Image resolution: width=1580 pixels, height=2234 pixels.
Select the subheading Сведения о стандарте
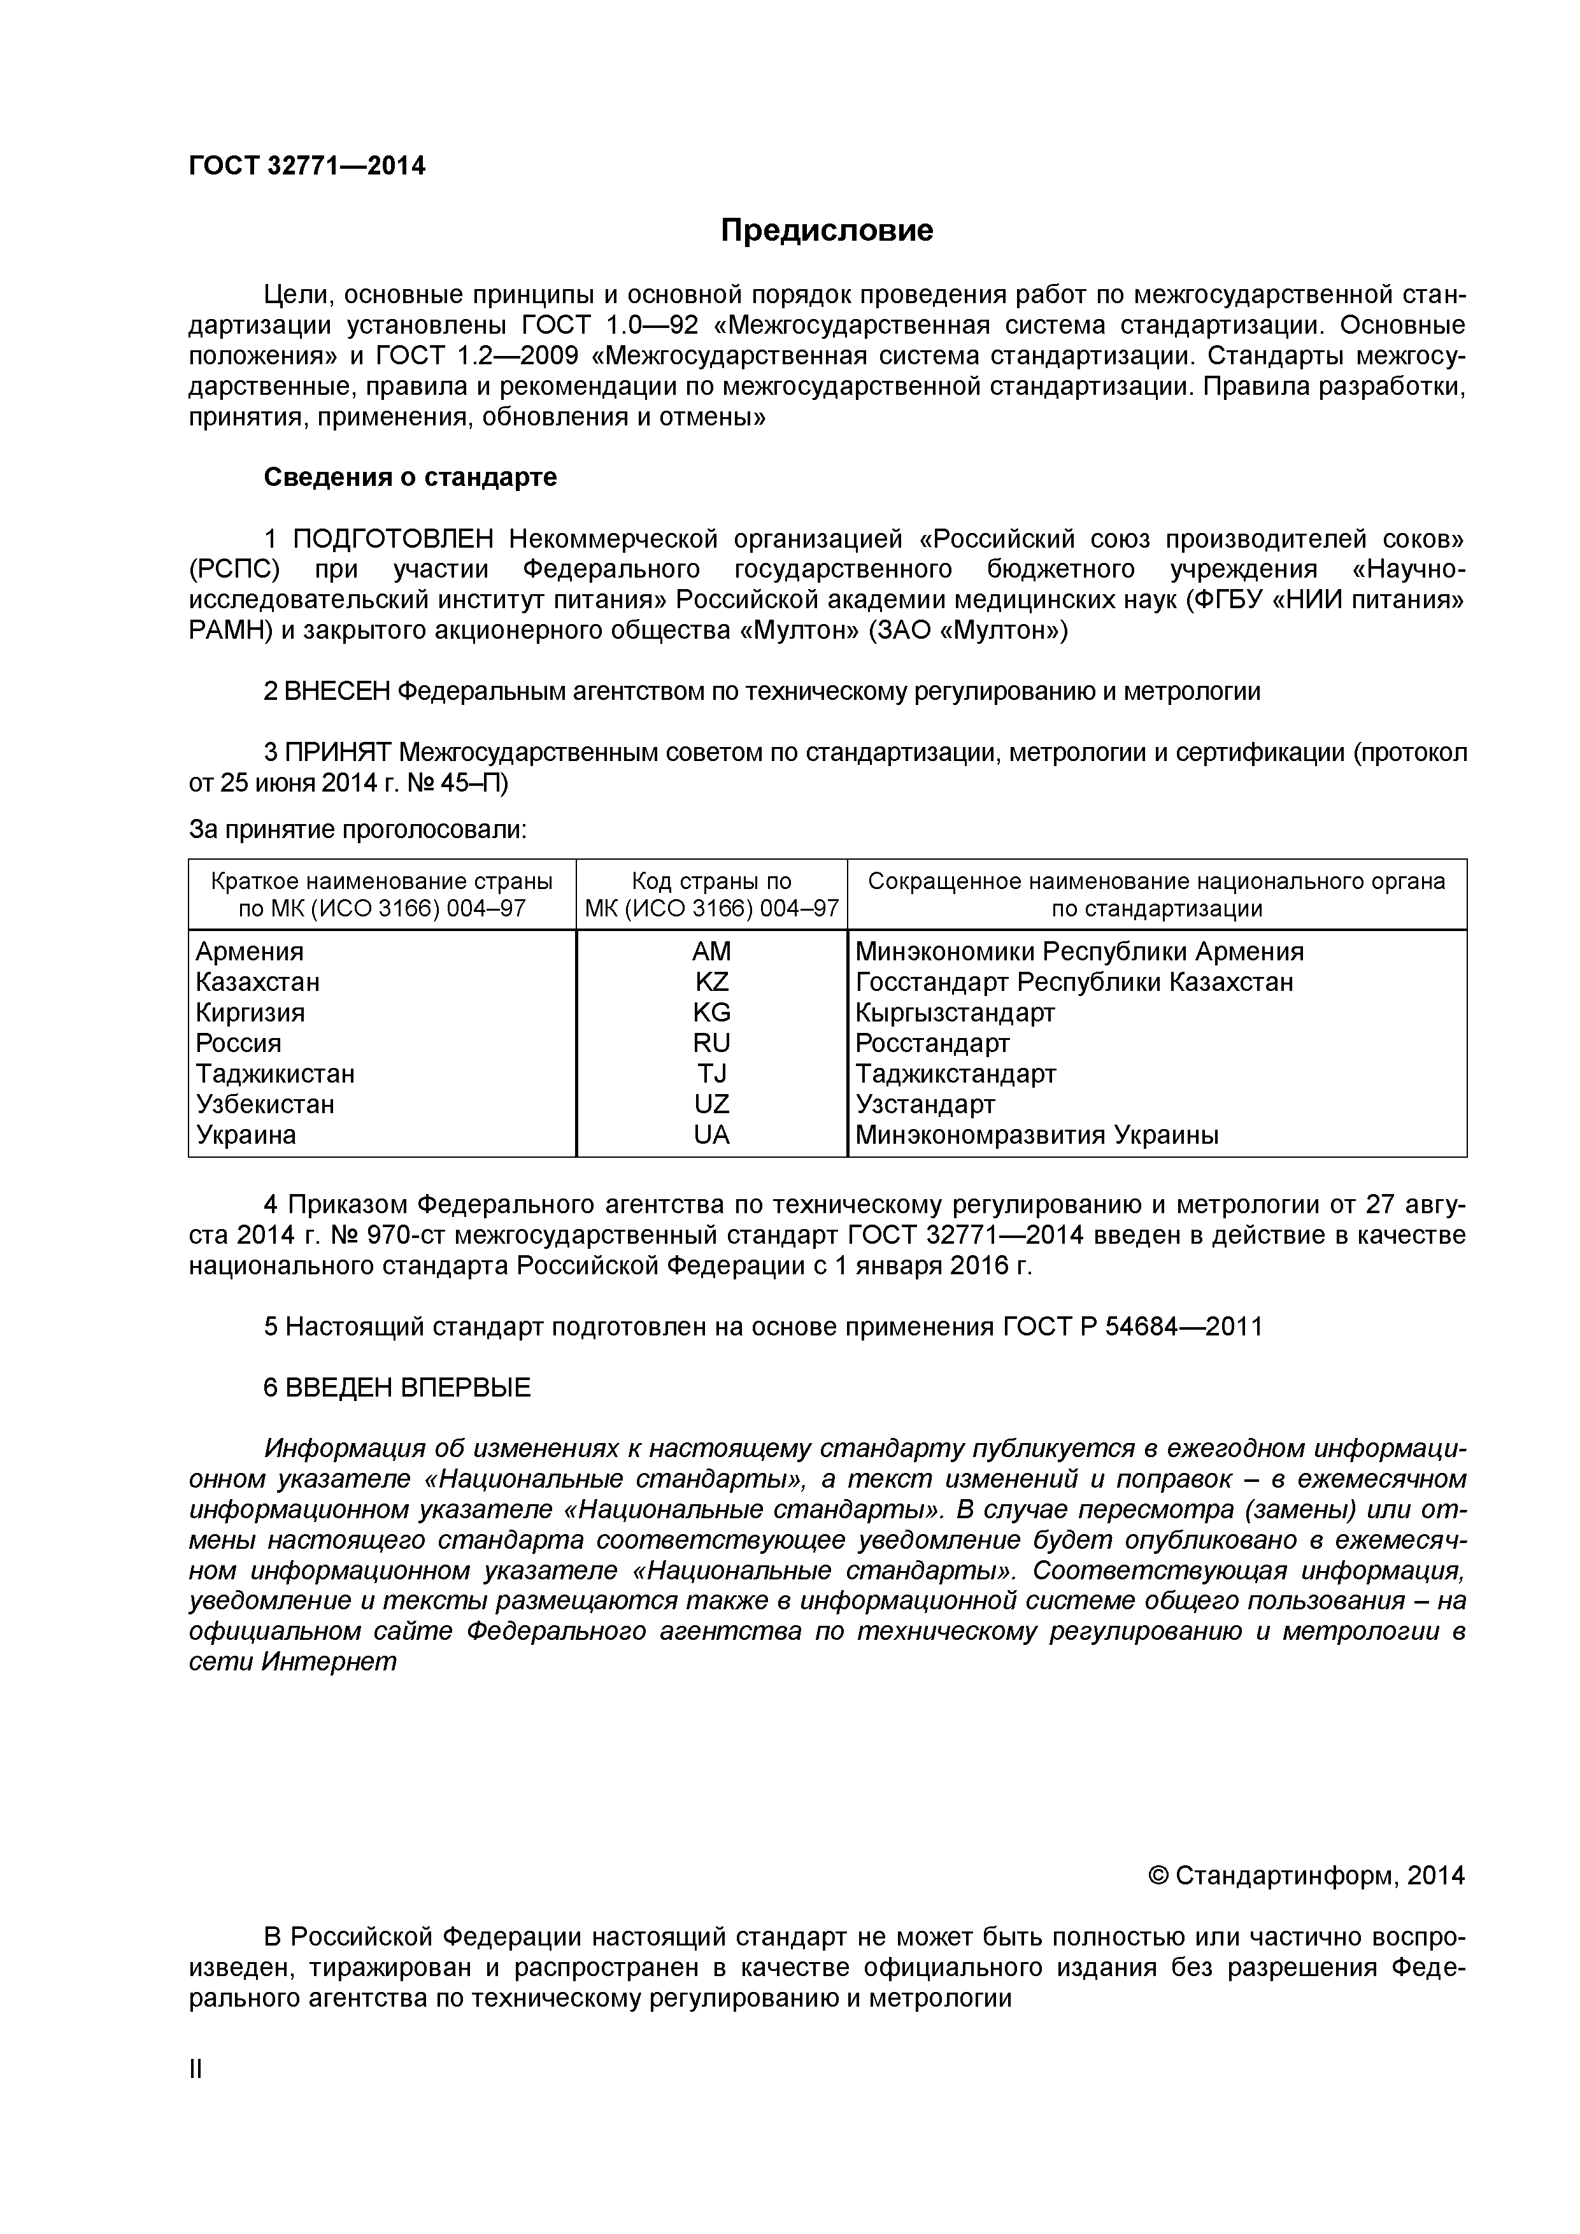click(x=411, y=478)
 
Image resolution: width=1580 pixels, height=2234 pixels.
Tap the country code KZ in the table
click(x=711, y=982)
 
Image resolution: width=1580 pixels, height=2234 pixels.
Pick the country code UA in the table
click(x=711, y=1135)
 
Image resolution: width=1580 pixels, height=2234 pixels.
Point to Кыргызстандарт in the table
click(x=955, y=1013)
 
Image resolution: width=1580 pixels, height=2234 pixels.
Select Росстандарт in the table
click(x=932, y=1043)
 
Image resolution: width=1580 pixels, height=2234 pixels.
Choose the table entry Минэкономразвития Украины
click(x=1036, y=1135)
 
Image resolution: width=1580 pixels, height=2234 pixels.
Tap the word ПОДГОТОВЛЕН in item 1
click(x=394, y=539)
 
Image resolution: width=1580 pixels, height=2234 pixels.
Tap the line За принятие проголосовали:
click(x=357, y=829)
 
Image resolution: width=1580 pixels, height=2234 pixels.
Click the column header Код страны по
click(x=711, y=881)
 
